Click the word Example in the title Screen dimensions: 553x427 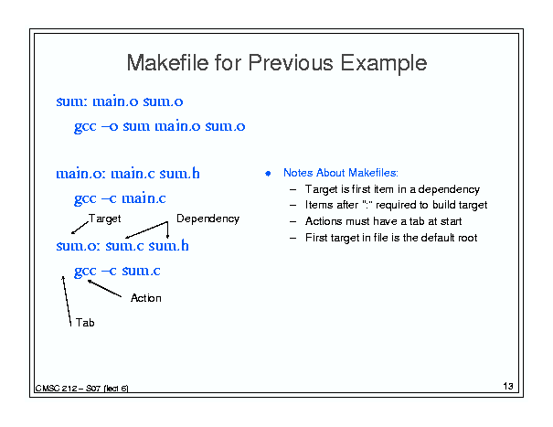coord(384,64)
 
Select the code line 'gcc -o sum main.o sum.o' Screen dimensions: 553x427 coord(159,127)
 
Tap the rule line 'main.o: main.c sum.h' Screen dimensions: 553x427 coord(128,174)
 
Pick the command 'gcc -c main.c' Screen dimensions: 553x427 coord(120,199)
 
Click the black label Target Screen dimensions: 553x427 coord(104,219)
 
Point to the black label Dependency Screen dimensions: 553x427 coord(207,219)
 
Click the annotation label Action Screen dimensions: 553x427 coord(146,298)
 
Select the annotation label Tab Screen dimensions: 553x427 coord(85,323)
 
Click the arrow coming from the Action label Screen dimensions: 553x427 coord(104,288)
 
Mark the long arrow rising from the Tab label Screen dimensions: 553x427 coord(67,301)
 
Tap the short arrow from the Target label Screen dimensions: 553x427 coord(80,228)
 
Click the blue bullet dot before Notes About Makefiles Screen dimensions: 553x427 coord(268,174)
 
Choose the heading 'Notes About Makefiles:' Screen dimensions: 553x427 coord(341,173)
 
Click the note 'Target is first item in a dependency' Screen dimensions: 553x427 coord(392,189)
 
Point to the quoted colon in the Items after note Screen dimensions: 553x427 coord(367,205)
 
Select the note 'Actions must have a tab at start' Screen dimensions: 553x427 coord(383,221)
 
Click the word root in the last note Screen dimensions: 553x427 coord(468,238)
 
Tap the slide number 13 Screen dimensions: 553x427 coord(508,386)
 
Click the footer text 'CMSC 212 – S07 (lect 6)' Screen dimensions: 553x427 coord(82,389)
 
